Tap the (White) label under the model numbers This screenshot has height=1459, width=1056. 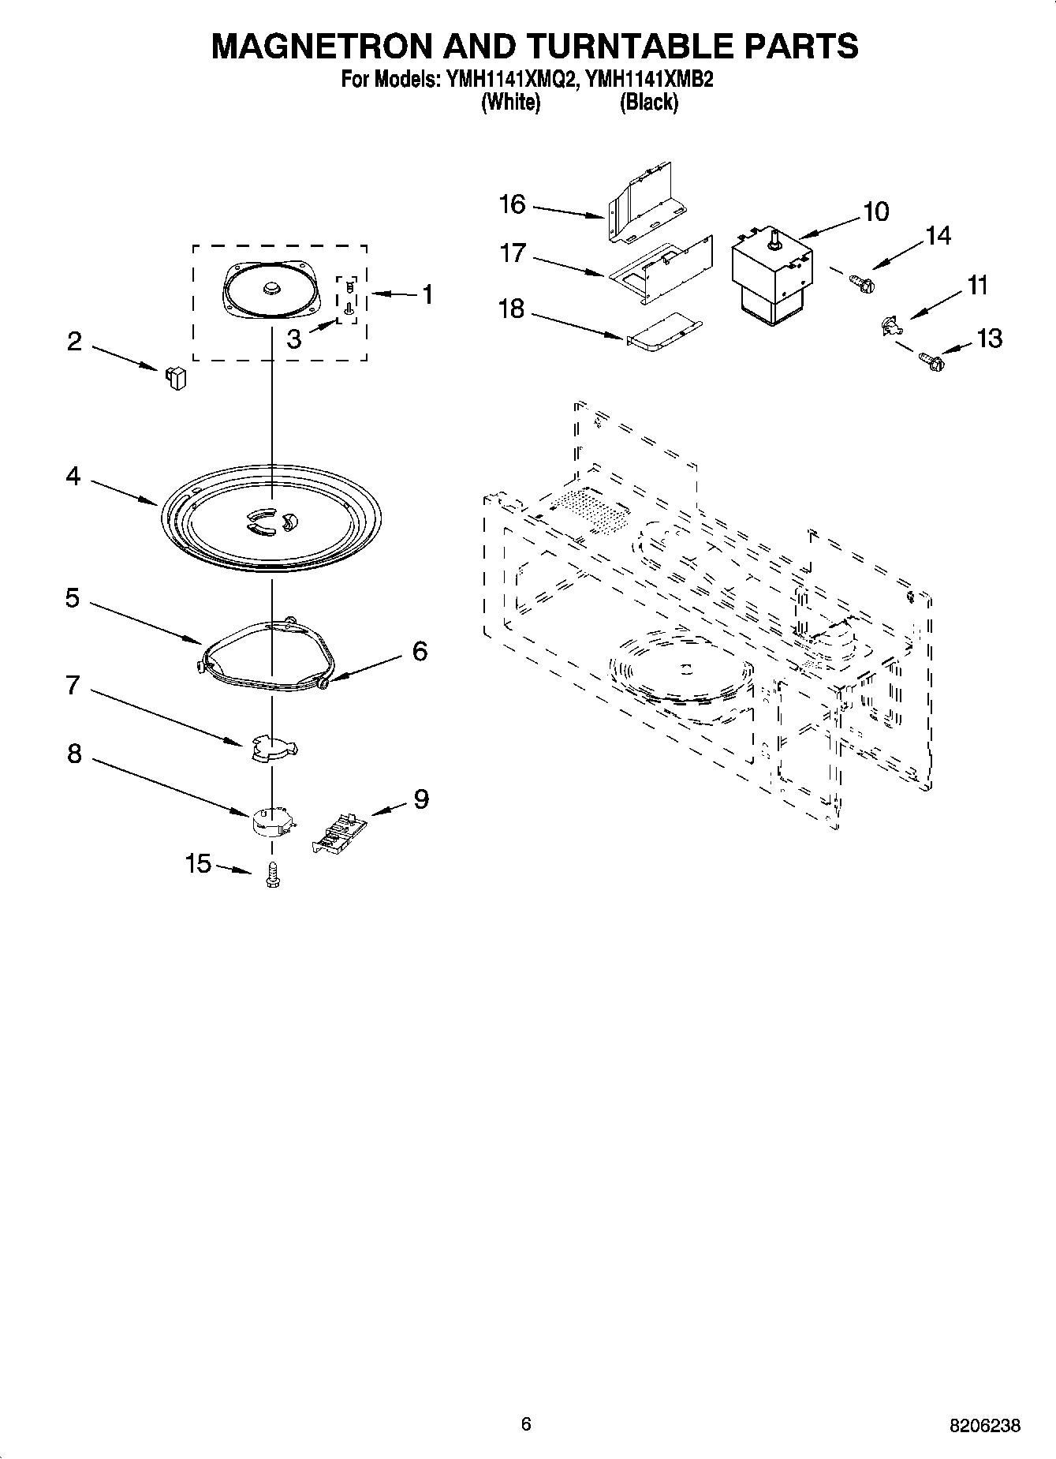click(x=510, y=102)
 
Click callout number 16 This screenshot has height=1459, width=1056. click(x=512, y=204)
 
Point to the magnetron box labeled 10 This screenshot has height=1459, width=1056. click(x=772, y=273)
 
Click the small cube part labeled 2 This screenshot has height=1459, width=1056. click(x=175, y=378)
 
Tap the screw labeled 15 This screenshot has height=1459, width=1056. click(x=274, y=875)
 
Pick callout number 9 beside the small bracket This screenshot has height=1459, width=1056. click(x=421, y=799)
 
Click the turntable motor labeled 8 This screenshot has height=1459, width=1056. click(x=272, y=820)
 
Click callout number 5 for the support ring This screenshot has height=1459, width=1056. click(x=72, y=598)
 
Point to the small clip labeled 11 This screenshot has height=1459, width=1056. click(x=889, y=324)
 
